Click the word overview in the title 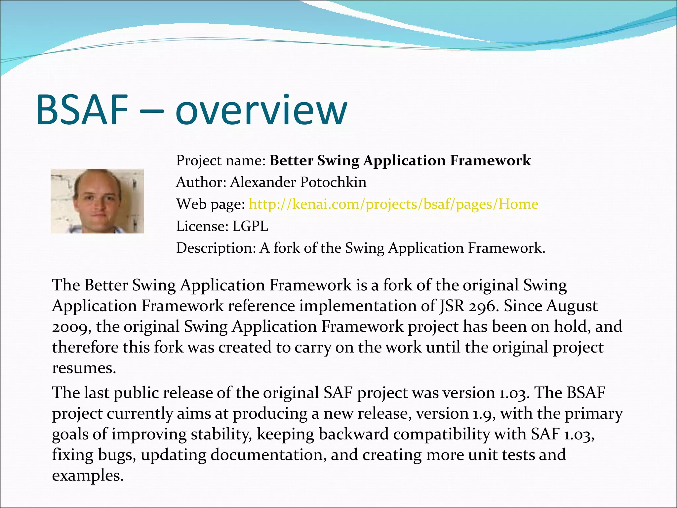[x=261, y=110]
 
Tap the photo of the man [x=97, y=201]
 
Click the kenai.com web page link [x=393, y=204]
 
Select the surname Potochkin [x=333, y=182]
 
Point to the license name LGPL [x=250, y=226]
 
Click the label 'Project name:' [x=221, y=161]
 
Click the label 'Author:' [x=201, y=182]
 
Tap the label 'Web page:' [x=211, y=204]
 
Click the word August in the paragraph [x=572, y=306]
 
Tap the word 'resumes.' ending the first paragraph [x=84, y=368]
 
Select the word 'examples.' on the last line [x=88, y=476]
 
